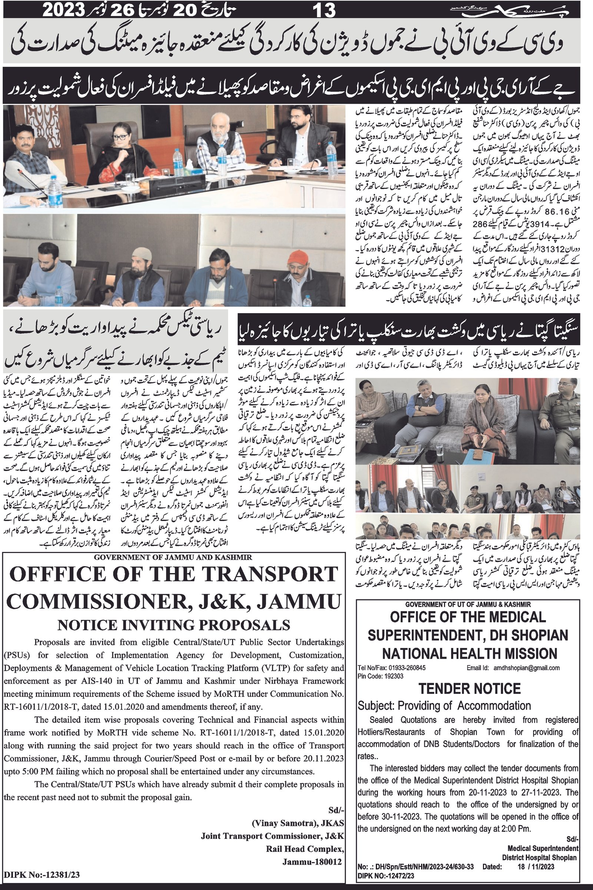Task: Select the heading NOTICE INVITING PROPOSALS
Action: [174, 625]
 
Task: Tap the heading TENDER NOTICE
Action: [469, 688]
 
